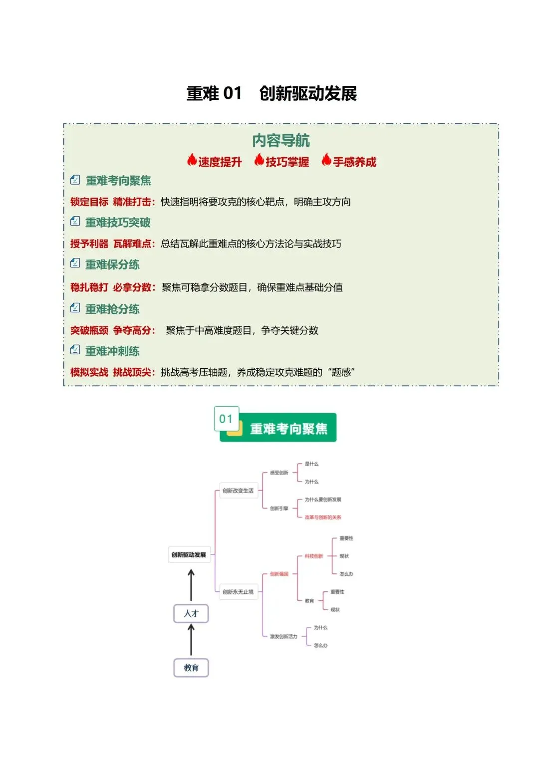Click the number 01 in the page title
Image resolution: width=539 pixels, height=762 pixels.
click(232, 93)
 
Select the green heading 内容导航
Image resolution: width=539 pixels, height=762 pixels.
click(281, 141)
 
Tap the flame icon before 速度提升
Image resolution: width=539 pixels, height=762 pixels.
click(192, 160)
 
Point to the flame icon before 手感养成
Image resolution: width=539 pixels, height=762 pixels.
click(326, 160)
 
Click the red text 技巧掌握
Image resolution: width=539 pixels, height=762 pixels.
click(287, 162)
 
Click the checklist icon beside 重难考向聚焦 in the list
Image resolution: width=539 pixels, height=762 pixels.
click(75, 180)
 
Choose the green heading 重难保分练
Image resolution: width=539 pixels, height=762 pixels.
click(112, 264)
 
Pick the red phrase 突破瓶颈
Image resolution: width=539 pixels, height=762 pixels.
click(89, 330)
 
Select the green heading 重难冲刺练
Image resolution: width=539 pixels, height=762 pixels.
click(112, 351)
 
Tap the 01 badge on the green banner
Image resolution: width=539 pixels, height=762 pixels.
click(226, 419)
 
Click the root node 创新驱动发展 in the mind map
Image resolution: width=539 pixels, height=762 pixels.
click(189, 554)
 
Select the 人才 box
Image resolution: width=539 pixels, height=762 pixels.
click(191, 613)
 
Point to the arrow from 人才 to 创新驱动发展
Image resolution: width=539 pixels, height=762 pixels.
click(191, 586)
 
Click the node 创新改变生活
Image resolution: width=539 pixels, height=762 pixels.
click(238, 491)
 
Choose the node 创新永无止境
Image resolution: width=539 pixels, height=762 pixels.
click(238, 592)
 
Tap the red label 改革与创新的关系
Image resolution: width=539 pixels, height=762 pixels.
click(323, 517)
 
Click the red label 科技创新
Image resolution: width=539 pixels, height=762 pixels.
click(314, 556)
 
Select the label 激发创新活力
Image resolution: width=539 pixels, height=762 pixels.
click(283, 636)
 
